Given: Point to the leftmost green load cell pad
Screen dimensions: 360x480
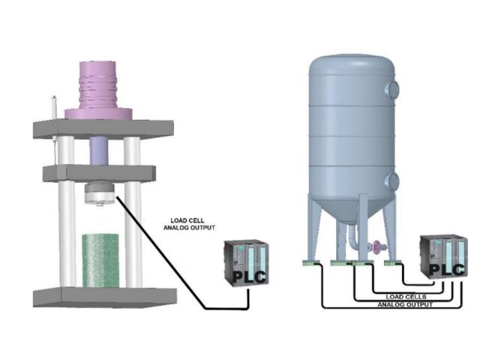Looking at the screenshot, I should (x=310, y=263).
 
